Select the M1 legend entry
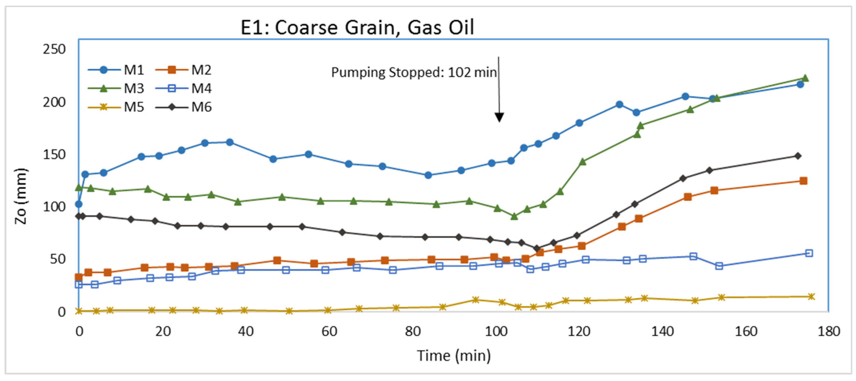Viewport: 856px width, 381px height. [x=116, y=70]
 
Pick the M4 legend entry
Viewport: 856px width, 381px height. [x=184, y=89]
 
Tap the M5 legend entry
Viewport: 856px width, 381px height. [x=116, y=107]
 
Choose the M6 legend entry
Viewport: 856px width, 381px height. [x=184, y=107]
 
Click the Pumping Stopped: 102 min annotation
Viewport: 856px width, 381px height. [x=414, y=72]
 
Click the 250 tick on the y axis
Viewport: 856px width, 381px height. [x=54, y=49]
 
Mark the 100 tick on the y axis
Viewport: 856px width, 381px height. [x=54, y=207]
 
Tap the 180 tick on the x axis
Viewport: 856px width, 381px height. [x=828, y=332]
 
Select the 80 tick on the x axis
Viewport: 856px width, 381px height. [x=412, y=332]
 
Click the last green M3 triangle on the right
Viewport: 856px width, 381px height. [x=805, y=78]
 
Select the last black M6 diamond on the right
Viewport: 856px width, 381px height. [x=797, y=156]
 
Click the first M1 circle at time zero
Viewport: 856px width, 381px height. [x=78, y=204]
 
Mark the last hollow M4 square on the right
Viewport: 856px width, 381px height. [x=809, y=253]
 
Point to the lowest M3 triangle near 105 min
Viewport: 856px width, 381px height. [x=514, y=216]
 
